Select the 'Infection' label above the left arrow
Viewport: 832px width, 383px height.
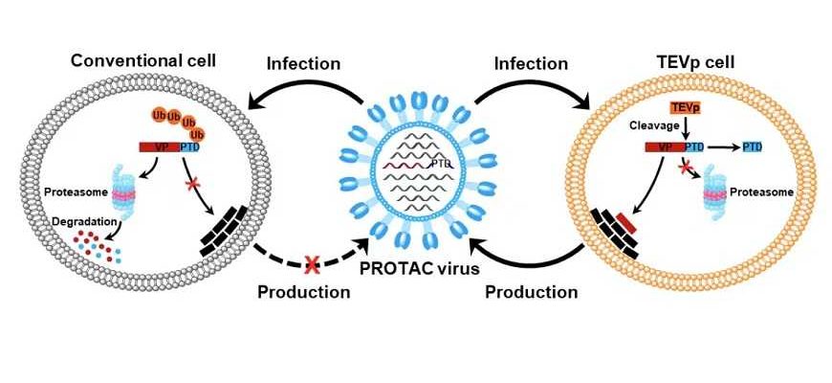[x=303, y=64]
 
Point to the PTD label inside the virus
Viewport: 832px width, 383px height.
[x=441, y=164]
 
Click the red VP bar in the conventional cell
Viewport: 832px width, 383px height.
[x=158, y=146]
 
